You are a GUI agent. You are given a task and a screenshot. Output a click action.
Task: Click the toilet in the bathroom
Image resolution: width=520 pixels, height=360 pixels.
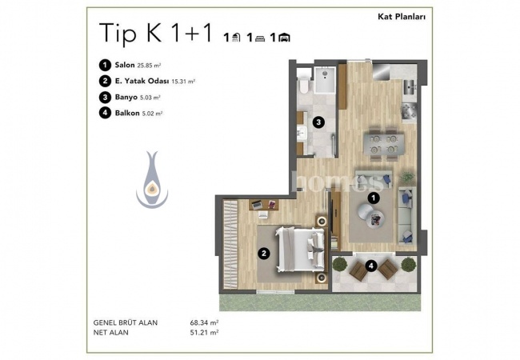tap(304, 85)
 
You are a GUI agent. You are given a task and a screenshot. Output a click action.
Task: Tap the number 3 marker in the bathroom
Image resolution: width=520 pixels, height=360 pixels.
tap(318, 122)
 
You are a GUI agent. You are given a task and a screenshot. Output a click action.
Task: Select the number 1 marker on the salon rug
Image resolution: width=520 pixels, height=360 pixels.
tap(374, 198)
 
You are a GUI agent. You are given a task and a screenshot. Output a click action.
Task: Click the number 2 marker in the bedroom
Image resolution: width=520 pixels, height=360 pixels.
tap(264, 254)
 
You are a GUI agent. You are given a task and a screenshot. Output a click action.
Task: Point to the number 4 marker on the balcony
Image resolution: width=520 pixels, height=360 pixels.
tap(371, 266)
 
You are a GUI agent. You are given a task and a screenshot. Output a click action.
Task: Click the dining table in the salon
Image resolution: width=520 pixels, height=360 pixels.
tap(384, 144)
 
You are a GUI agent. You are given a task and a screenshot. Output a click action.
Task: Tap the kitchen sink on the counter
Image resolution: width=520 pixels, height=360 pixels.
tap(410, 87)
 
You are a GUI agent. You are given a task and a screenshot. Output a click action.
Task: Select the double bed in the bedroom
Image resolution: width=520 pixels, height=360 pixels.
tap(300, 250)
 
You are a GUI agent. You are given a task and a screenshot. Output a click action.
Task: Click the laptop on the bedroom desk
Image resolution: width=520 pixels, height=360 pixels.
tap(257, 205)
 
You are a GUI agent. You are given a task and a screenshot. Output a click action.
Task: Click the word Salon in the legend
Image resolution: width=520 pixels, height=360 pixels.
tap(125, 65)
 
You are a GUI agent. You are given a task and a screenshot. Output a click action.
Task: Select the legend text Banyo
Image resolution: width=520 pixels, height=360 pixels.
tap(126, 97)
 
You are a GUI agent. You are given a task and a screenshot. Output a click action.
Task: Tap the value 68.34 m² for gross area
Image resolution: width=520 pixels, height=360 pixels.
tap(204, 322)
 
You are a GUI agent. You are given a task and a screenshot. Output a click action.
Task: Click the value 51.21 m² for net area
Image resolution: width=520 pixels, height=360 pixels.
tap(204, 332)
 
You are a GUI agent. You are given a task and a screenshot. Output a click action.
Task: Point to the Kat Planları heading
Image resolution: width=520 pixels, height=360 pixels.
tap(402, 17)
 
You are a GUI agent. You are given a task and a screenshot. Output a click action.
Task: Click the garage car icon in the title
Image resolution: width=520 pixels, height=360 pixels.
tap(284, 38)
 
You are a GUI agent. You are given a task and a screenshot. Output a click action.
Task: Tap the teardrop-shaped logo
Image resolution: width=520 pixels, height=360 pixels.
tap(152, 180)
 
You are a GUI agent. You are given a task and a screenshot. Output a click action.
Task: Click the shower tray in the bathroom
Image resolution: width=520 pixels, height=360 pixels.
tap(325, 80)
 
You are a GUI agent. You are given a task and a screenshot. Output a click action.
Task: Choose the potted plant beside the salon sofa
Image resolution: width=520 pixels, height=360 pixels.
tap(407, 178)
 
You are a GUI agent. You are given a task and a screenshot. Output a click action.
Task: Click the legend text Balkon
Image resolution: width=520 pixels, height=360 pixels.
tap(127, 113)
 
